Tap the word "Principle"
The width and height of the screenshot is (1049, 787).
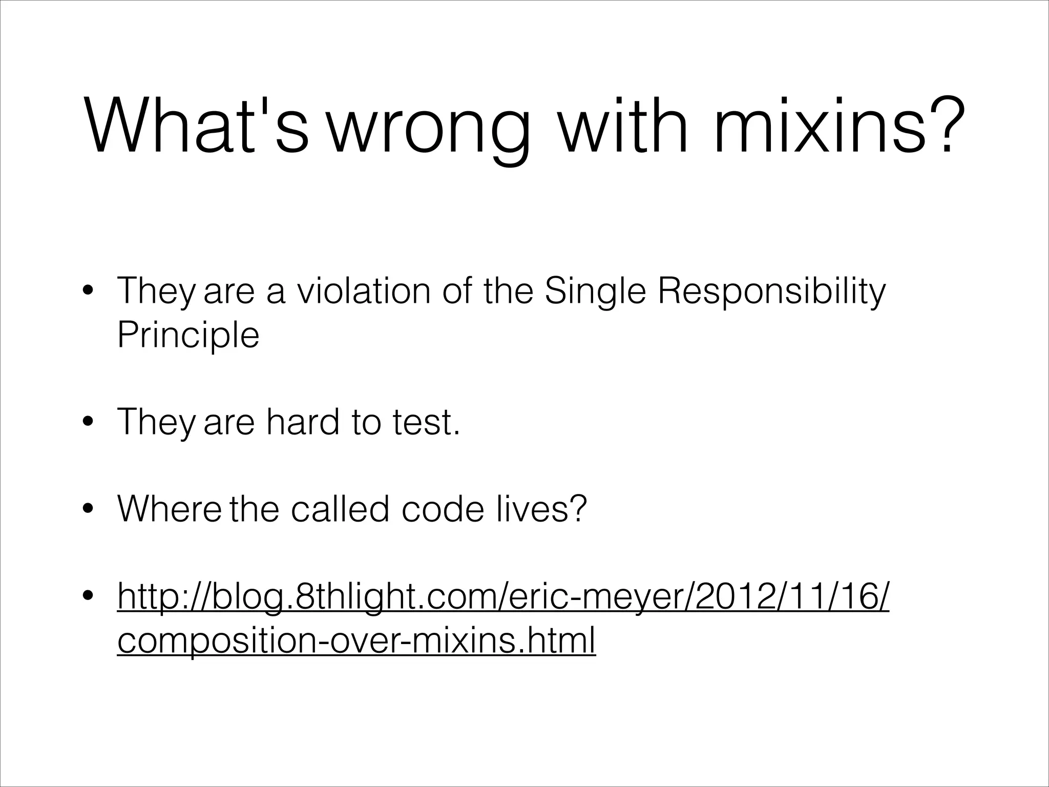coord(188,337)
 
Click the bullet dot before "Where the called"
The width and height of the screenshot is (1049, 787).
coord(88,509)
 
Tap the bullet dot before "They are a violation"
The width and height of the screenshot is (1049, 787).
coord(88,292)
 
